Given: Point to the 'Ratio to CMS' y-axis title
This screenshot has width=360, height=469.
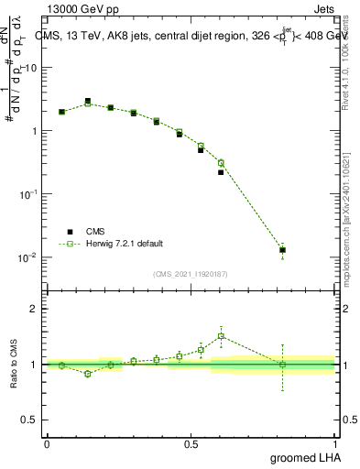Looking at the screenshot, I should (x=13, y=377).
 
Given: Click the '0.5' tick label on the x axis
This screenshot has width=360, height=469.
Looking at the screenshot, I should (x=191, y=443).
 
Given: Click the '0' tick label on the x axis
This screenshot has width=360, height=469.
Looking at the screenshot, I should (x=47, y=443).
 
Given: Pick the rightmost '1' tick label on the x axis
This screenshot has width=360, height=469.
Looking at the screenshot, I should (x=335, y=443).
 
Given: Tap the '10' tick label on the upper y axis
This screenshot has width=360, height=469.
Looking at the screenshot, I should (x=30, y=68).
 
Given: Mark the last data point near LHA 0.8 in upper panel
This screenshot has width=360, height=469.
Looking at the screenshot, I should (x=283, y=249).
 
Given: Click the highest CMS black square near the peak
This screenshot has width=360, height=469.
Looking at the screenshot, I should (x=88, y=102).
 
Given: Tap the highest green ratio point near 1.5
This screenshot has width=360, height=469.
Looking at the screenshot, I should (x=221, y=336).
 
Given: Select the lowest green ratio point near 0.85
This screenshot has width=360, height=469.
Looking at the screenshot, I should (x=88, y=374).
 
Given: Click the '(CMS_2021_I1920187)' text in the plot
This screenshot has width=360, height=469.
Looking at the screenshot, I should (x=191, y=272).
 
